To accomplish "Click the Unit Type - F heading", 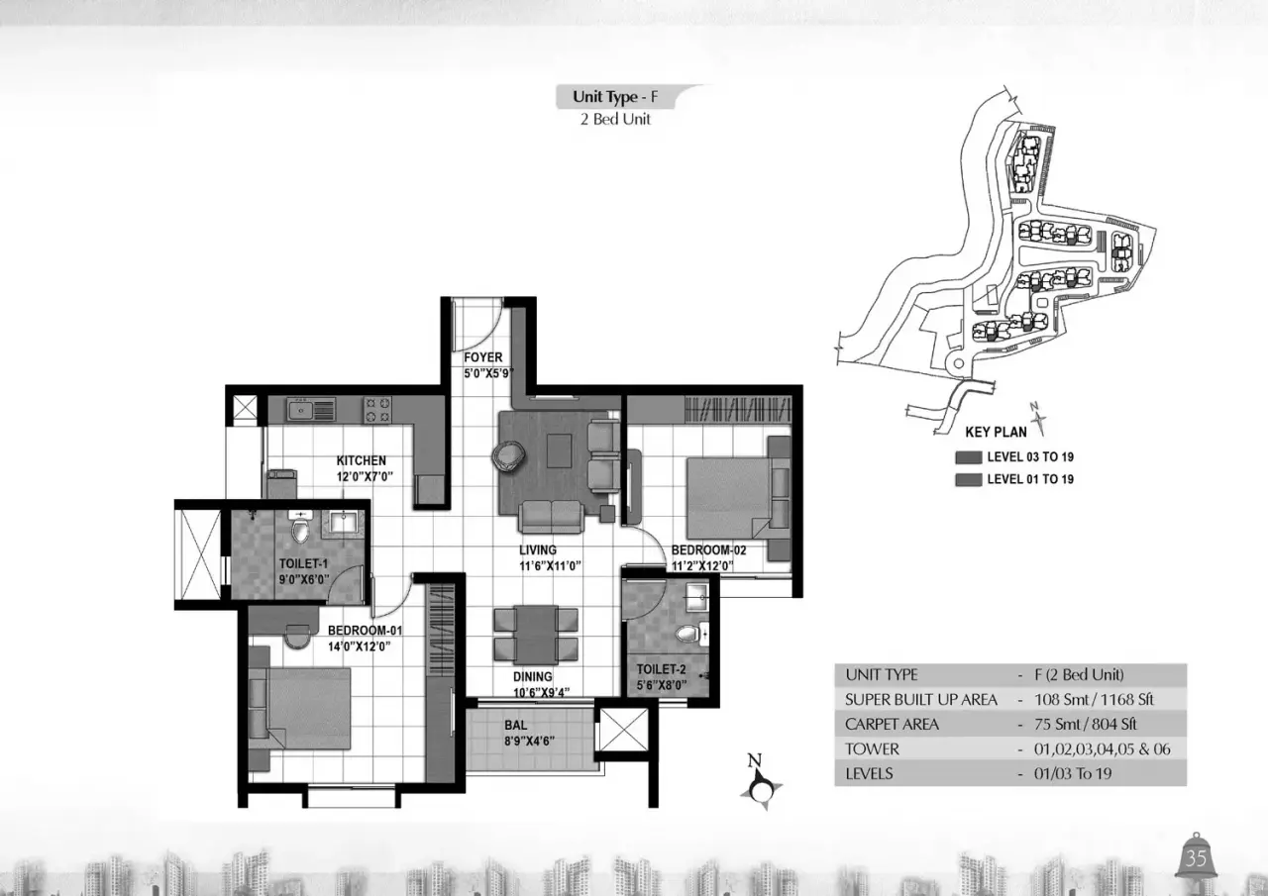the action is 615,97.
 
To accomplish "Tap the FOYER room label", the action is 482,357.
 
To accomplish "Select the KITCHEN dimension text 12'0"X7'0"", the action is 365,476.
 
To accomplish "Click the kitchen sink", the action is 311,409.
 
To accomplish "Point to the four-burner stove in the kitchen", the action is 377,410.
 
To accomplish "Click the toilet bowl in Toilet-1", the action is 300,530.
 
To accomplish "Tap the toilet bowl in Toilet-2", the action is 688,634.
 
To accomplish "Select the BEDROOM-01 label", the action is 366,630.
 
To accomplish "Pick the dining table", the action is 536,634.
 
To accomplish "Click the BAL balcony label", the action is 516,725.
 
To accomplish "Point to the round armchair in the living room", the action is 508,455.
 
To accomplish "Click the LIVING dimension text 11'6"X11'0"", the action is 550,565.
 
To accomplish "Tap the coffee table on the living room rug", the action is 560,450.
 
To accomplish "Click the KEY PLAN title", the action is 996,433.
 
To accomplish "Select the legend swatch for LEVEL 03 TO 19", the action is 968,457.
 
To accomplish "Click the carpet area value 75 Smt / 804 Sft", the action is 1085,724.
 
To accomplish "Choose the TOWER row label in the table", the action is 872,748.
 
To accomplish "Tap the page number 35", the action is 1196,858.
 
